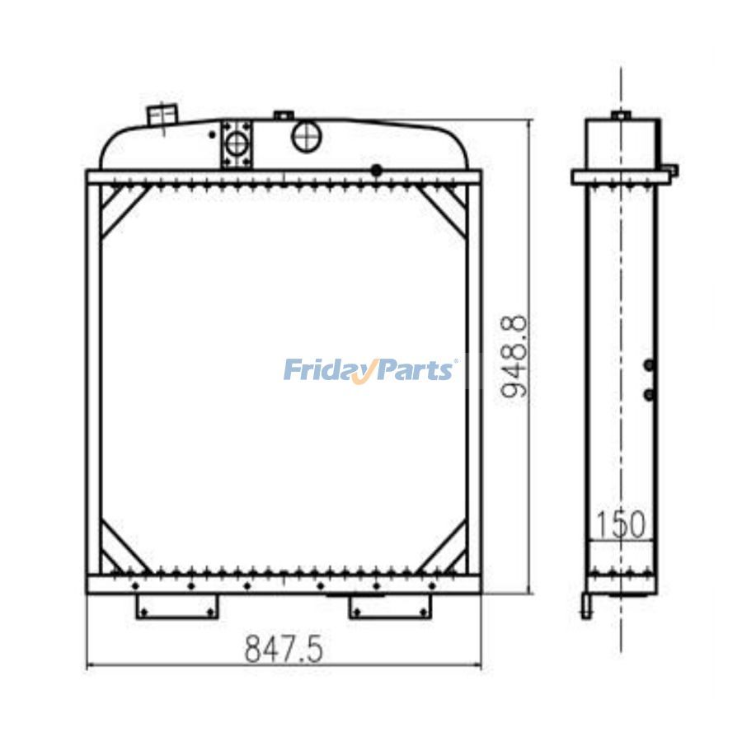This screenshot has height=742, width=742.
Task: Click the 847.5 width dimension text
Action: tap(284, 649)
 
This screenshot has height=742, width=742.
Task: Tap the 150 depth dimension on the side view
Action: tap(621, 524)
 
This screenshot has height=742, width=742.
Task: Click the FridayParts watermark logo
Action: tap(369, 369)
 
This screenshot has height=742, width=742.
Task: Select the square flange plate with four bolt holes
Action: tap(237, 143)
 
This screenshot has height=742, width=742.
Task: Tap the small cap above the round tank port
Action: tap(284, 115)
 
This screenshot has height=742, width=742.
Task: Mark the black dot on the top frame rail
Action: tap(376, 171)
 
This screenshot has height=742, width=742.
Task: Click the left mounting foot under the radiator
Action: tap(177, 607)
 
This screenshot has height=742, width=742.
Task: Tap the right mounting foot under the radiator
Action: tap(390, 607)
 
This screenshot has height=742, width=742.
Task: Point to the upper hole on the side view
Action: tap(649, 365)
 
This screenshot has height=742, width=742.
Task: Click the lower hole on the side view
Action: tap(649, 396)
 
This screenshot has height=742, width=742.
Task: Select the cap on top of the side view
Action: tap(621, 115)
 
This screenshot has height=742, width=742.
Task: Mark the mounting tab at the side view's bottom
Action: tap(586, 606)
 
